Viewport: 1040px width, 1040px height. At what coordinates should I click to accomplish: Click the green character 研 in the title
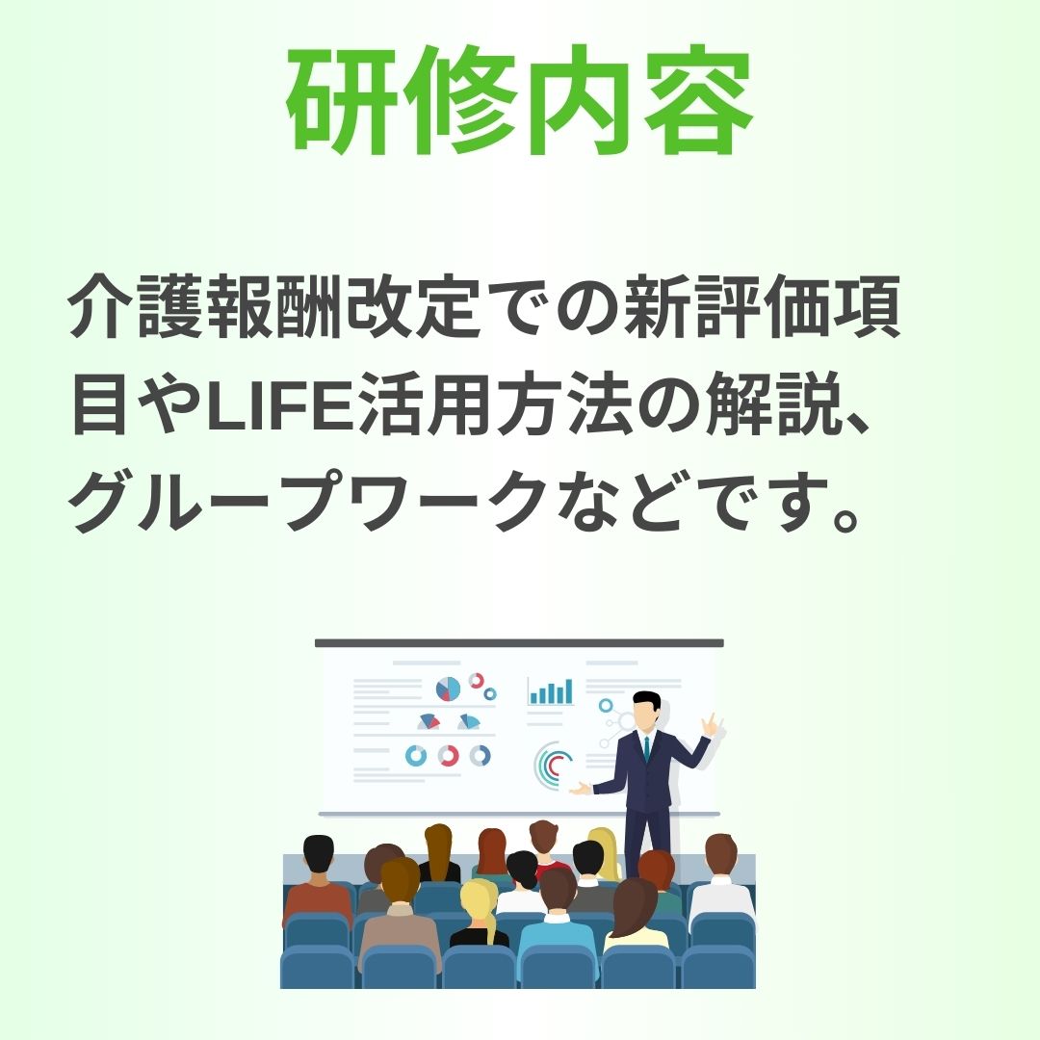[x=343, y=101]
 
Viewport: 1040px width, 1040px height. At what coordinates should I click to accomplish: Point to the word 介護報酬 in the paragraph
[x=206, y=307]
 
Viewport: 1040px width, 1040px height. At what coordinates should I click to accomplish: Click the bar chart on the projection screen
[x=551, y=691]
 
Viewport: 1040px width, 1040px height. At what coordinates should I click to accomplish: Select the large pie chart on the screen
[x=449, y=689]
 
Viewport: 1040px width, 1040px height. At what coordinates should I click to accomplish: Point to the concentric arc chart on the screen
[x=550, y=765]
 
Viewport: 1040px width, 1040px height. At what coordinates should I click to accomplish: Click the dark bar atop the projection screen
[x=519, y=642]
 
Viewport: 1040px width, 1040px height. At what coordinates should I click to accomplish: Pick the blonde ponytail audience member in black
[x=479, y=913]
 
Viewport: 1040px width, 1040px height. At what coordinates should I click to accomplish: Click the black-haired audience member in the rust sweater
[x=318, y=880]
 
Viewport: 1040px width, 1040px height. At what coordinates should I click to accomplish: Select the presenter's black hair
[x=647, y=700]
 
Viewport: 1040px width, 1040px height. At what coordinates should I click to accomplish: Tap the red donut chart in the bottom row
[x=449, y=756]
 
